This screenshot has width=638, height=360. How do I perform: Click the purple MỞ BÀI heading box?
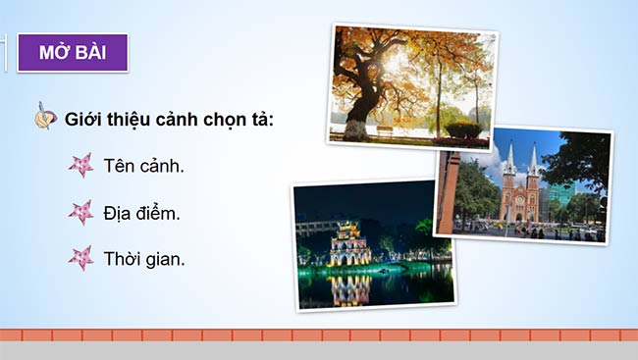[x=73, y=52]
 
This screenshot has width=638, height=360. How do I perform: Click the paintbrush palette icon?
[x=45, y=118]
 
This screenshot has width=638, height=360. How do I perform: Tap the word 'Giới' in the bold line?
[x=82, y=119]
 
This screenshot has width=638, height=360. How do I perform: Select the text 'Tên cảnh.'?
[x=143, y=165]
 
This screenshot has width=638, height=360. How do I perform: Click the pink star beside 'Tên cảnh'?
[x=80, y=165]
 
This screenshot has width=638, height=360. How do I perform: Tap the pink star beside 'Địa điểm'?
[x=80, y=212]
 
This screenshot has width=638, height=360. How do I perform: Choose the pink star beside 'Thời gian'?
[x=80, y=259]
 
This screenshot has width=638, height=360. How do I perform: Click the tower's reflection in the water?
[x=350, y=286]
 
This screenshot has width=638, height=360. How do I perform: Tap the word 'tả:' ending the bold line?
[x=259, y=119]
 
